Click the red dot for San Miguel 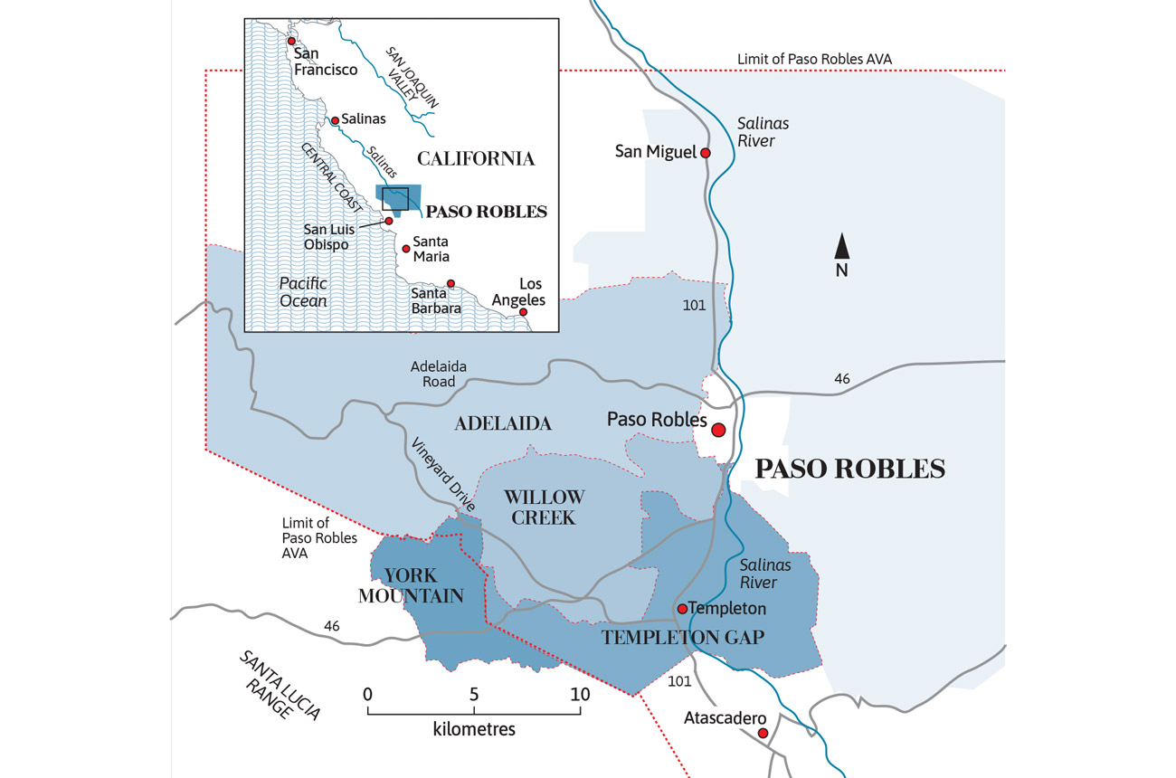point(706,153)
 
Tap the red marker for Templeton point(682,609)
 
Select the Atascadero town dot point(763,733)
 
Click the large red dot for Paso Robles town point(719,430)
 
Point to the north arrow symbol point(841,246)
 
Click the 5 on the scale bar point(474,695)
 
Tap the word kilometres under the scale point(474,728)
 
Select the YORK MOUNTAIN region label point(411,585)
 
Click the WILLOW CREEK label point(544,507)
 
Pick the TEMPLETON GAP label point(683,638)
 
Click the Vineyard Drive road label point(443,476)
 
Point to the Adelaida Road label point(439,374)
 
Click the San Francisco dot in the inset point(291,42)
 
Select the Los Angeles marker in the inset point(523,311)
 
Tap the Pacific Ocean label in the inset point(303,291)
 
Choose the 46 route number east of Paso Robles point(842,379)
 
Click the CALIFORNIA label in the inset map point(476,159)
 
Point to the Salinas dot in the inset point(335,120)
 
